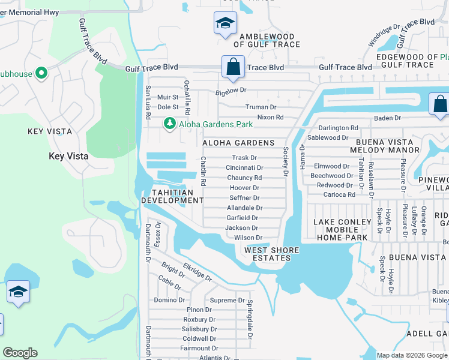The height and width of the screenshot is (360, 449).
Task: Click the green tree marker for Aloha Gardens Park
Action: pyautogui.click(x=170, y=124)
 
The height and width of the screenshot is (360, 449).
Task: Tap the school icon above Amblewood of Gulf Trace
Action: pyautogui.click(x=226, y=24)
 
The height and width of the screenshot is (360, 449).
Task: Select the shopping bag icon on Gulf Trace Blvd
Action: pyautogui.click(x=232, y=66)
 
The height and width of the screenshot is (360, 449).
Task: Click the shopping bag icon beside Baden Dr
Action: pyautogui.click(x=439, y=103)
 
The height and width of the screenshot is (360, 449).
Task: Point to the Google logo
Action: pyautogui.click(x=20, y=353)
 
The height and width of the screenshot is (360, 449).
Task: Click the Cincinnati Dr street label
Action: pyautogui.click(x=244, y=168)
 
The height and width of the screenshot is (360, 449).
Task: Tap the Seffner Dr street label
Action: pyautogui.click(x=244, y=198)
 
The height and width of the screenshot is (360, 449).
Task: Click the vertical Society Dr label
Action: pyautogui.click(x=286, y=161)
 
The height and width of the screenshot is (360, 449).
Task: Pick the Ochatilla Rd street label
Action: pyautogui.click(x=187, y=97)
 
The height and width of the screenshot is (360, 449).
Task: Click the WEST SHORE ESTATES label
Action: pyautogui.click(x=267, y=254)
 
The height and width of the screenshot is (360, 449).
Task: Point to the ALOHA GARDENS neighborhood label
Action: pyautogui.click(x=238, y=143)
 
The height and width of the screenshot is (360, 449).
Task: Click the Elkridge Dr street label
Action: pyautogui.click(x=198, y=270)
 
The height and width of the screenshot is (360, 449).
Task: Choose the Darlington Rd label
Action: pyautogui.click(x=338, y=128)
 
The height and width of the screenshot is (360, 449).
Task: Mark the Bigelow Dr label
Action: pyautogui.click(x=231, y=91)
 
